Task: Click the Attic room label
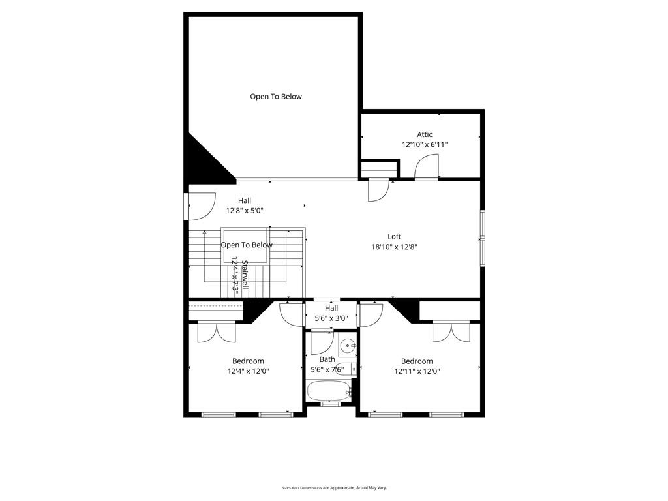click(x=425, y=134)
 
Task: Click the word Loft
click(x=394, y=237)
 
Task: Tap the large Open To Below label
click(x=276, y=97)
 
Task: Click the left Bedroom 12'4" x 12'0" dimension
click(x=248, y=371)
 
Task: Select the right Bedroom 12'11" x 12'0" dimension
click(x=417, y=371)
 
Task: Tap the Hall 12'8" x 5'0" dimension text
click(x=245, y=211)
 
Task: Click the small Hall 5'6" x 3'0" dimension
click(x=331, y=318)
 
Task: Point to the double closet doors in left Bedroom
click(x=217, y=331)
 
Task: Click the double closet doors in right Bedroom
click(x=451, y=331)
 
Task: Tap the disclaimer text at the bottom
click(x=334, y=487)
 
